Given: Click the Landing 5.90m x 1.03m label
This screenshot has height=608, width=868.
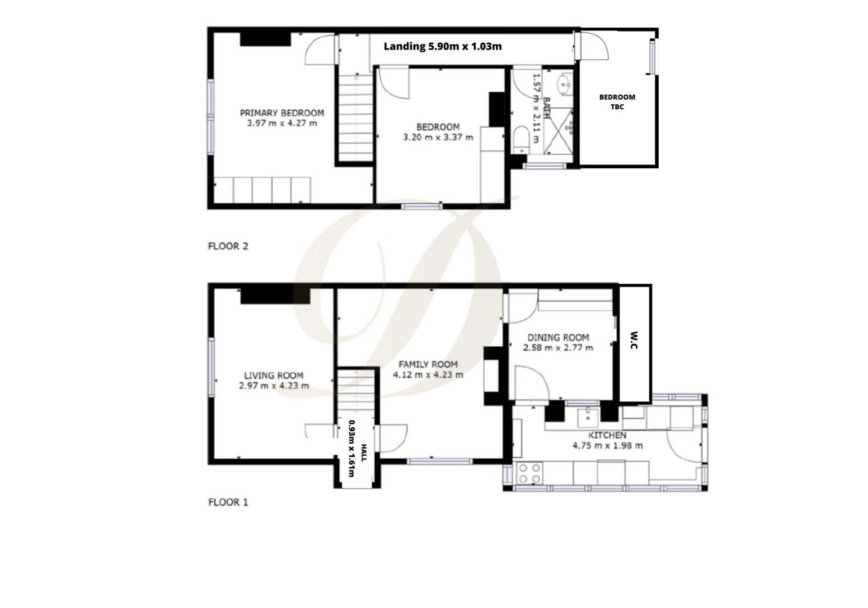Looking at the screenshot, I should (442, 46).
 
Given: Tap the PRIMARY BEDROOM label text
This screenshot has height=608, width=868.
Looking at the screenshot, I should (282, 113).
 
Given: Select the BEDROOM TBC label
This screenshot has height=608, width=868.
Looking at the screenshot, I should (617, 102).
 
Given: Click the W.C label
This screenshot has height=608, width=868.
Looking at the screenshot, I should (634, 340).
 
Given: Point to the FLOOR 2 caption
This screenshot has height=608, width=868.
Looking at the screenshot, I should (228, 246).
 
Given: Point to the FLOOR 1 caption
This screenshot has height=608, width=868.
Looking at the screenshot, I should (228, 502).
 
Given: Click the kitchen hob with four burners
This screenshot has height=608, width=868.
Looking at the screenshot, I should (529, 473).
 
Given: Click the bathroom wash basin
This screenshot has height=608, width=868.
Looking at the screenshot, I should (564, 86).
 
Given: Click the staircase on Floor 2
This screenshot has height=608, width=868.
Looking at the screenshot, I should (356, 118).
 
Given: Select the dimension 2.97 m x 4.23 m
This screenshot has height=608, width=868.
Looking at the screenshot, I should (274, 386).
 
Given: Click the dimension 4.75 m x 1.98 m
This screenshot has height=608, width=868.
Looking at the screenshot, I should (607, 445).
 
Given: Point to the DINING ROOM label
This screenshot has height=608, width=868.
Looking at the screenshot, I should (558, 337).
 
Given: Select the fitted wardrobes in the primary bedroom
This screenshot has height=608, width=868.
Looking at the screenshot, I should (263, 190).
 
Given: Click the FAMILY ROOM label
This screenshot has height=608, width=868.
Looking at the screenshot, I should (428, 364).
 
